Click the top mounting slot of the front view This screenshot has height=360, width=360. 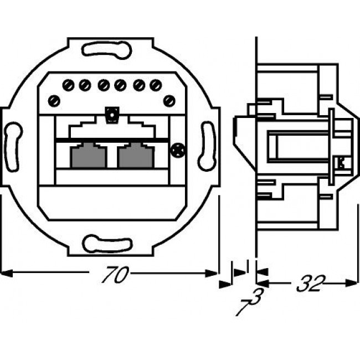point(107,49)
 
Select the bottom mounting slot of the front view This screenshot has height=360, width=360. point(107,243)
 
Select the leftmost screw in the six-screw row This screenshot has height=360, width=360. point(68,85)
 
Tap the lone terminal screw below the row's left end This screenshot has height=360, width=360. point(54,100)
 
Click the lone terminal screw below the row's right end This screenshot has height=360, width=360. point(170,100)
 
